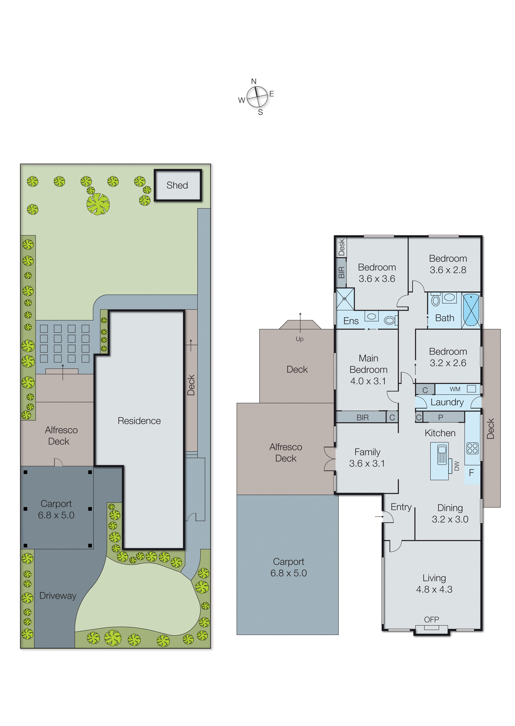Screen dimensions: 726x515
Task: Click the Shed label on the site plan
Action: tap(177, 185)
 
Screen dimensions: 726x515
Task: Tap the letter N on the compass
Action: tap(254, 81)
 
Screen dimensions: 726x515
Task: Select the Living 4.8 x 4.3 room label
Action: tap(434, 583)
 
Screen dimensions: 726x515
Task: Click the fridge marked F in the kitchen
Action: tap(472, 473)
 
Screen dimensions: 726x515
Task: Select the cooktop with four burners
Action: tap(472, 448)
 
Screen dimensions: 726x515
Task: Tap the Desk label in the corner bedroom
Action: tap(341, 247)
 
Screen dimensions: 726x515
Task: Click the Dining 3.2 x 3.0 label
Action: tap(450, 513)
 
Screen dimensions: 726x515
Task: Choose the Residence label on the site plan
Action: tap(139, 421)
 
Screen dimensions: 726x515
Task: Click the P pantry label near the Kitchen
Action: tap(440, 417)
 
